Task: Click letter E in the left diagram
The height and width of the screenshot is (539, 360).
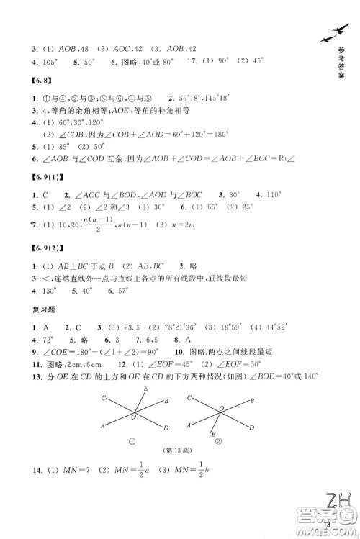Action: pyautogui.click(x=146, y=389)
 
